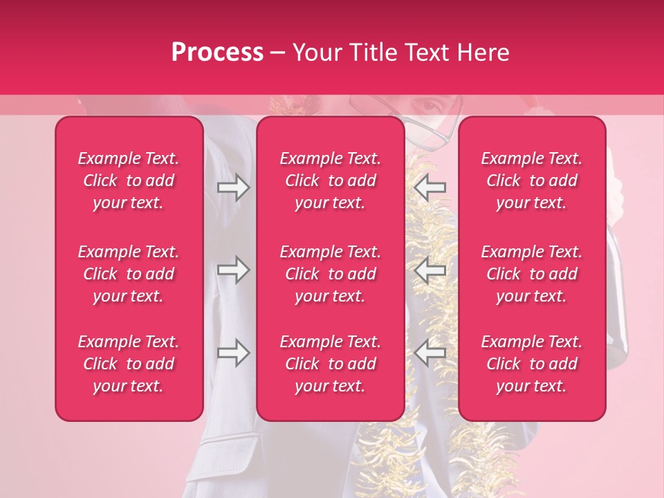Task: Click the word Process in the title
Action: [x=217, y=53]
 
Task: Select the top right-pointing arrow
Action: [x=234, y=187]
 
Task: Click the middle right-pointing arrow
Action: [x=234, y=270]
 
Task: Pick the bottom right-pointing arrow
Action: [x=234, y=353]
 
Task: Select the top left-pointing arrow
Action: [x=430, y=187]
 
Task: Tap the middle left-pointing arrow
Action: [x=430, y=270]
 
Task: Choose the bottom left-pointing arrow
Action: [x=430, y=353]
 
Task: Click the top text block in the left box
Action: [x=129, y=181]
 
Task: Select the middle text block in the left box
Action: [x=129, y=274]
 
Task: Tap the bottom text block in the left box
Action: [x=129, y=364]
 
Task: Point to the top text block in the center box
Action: [x=331, y=181]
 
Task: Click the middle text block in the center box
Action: [x=331, y=274]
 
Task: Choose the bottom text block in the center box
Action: [x=331, y=364]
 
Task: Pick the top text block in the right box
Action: [x=532, y=181]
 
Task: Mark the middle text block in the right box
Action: [x=532, y=274]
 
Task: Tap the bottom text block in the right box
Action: [x=532, y=364]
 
